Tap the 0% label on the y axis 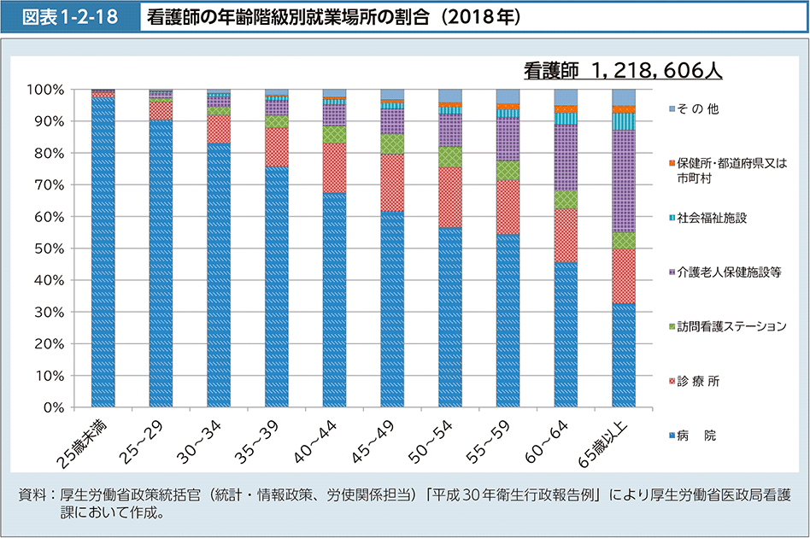point(52,407)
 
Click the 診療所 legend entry point(698,381)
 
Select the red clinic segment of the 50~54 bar point(450,197)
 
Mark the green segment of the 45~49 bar point(392,144)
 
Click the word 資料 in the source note point(32,496)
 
